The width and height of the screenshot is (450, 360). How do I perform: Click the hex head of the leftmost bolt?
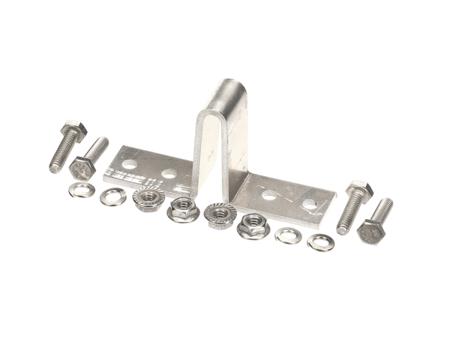(74, 130)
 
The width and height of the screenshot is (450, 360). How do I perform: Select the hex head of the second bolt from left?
(82, 166)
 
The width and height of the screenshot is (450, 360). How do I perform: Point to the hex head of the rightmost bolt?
(370, 232)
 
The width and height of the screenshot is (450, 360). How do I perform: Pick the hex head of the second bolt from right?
(359, 190)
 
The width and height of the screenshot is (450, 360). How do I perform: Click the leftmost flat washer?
(81, 190)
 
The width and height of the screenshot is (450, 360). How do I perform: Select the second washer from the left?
(113, 196)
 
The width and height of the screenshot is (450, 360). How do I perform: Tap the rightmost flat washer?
(321, 241)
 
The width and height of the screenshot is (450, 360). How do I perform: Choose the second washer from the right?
(288, 235)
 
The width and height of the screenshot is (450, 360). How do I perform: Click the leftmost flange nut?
(148, 199)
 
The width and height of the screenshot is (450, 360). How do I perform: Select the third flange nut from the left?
(220, 214)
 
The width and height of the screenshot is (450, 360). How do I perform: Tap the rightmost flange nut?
(253, 225)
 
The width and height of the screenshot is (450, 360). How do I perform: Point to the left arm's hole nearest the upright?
(169, 173)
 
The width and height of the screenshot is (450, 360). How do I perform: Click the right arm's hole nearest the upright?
(268, 196)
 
